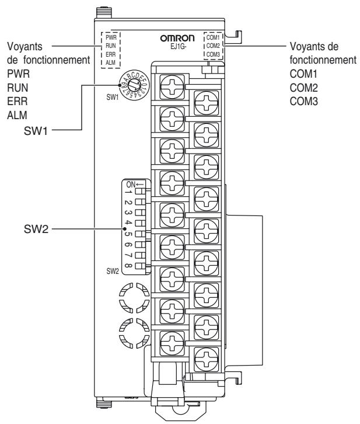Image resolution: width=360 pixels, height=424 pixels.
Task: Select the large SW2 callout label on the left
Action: click(36, 230)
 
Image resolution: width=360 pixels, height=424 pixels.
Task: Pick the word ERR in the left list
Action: click(17, 100)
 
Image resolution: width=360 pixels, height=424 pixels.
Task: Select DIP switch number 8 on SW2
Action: click(139, 266)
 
